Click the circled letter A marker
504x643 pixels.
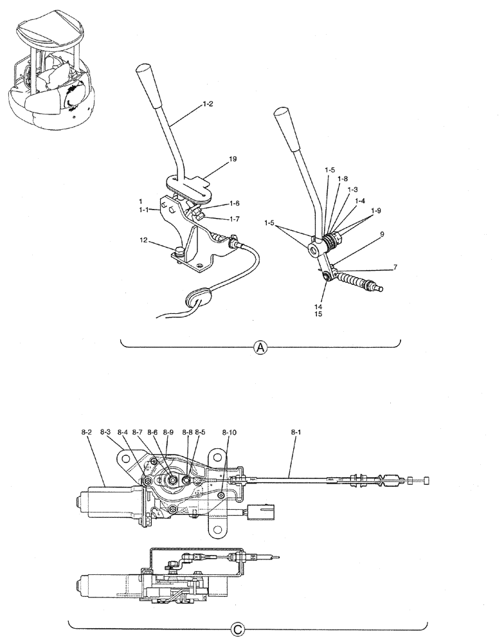point(260,347)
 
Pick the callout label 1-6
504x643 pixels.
point(235,203)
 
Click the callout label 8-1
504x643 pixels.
point(296,433)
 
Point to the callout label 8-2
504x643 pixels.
point(87,433)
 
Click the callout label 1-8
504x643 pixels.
point(343,179)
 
